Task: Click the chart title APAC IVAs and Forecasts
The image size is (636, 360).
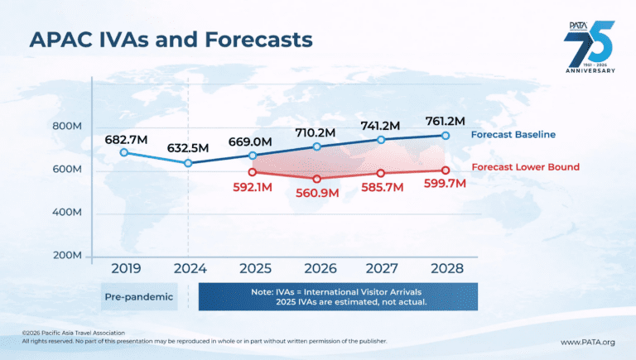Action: tap(171, 40)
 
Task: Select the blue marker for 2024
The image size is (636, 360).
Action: tap(189, 163)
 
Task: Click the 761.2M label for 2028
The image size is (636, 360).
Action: tap(445, 121)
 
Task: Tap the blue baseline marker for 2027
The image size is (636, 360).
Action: tap(381, 139)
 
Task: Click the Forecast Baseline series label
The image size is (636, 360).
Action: tap(513, 135)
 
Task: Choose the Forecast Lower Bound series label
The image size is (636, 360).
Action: tap(525, 167)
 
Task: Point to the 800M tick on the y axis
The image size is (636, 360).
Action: tap(66, 127)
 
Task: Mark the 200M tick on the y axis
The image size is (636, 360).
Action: tap(66, 256)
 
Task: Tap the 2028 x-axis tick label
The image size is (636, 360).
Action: tap(445, 269)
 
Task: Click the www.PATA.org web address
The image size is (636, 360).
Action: tap(588, 342)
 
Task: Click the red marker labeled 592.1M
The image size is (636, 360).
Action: tap(253, 172)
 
